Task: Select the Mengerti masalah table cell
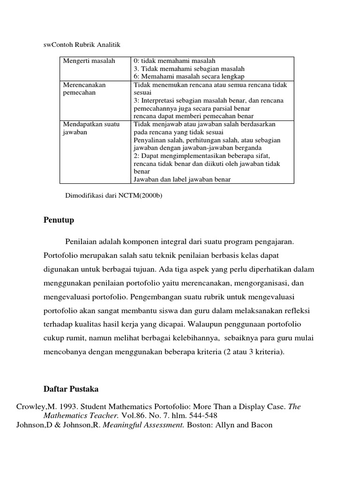pos(89,61)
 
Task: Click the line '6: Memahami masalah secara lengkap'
pos(189,76)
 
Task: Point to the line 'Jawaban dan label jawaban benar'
pos(182,179)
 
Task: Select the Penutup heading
pos(59,220)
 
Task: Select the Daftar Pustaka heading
pos(71,390)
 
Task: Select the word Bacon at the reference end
pos(262,425)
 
